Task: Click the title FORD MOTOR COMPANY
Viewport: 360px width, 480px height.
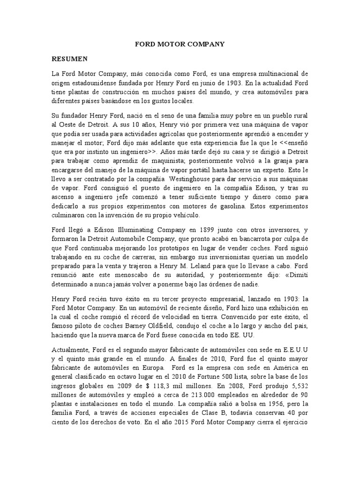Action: click(180, 45)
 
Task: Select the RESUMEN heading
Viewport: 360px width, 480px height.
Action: click(69, 59)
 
